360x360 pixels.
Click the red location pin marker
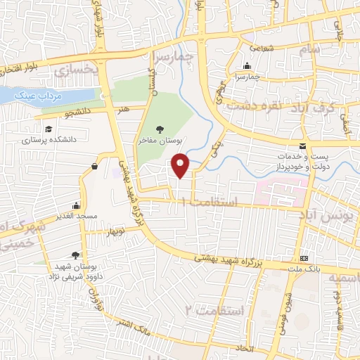click(181, 166)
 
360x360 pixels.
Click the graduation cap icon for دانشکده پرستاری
click(49, 129)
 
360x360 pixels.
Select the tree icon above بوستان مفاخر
click(159, 129)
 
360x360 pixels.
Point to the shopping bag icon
click(94, 166)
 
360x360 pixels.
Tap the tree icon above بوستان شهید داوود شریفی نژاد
click(75, 255)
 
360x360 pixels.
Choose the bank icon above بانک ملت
click(303, 258)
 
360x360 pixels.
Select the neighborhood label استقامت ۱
click(210, 202)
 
